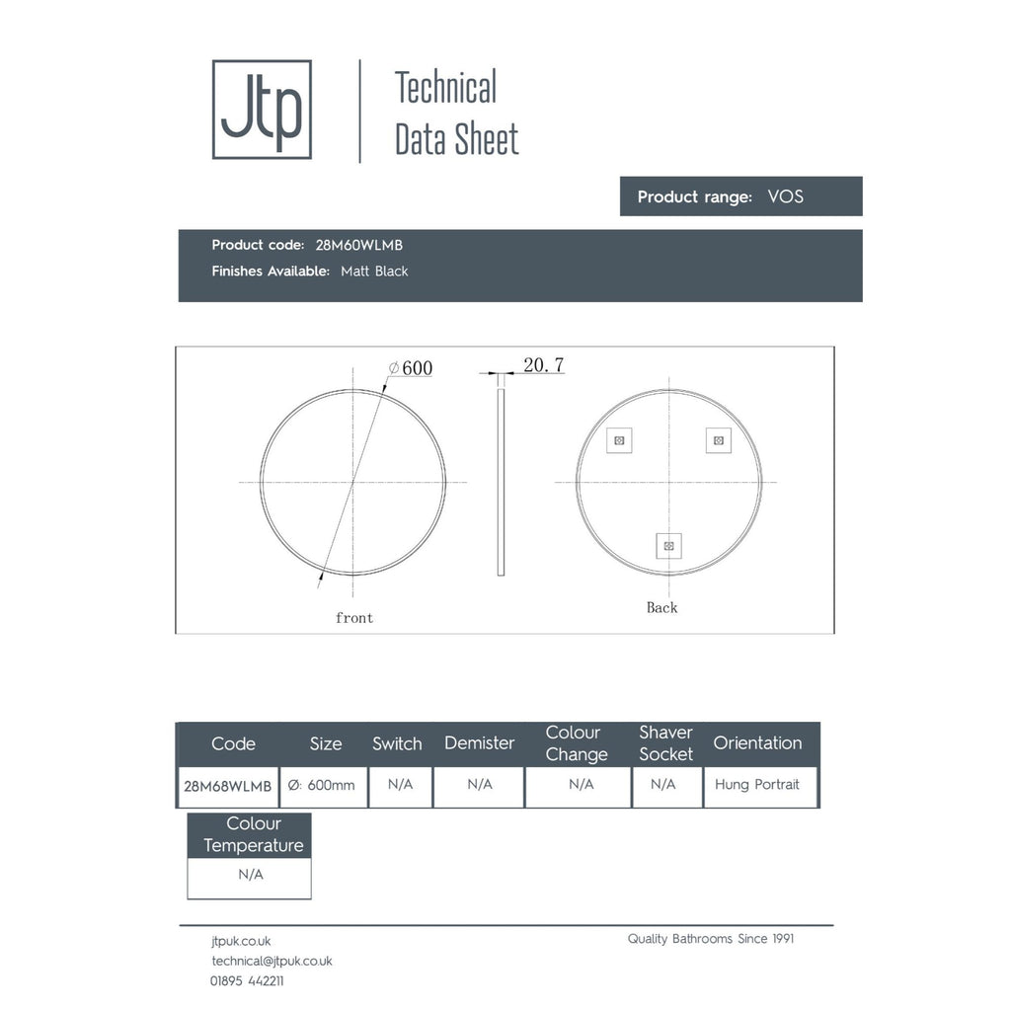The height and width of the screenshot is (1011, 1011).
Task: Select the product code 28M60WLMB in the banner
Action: coord(359,245)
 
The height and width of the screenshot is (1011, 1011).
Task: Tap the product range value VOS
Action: coord(785,196)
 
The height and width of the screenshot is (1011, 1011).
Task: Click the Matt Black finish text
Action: coord(374,271)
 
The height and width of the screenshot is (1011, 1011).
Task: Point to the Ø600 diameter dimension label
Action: coord(411,368)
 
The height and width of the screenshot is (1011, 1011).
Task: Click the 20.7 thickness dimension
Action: coord(544,365)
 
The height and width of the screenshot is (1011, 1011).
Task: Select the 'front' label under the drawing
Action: coord(354,618)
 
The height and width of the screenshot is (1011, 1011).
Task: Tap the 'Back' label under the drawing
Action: coord(662,607)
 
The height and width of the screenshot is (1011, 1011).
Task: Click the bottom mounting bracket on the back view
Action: coord(668,546)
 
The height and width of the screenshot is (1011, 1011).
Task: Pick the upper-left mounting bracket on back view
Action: coord(619,440)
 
